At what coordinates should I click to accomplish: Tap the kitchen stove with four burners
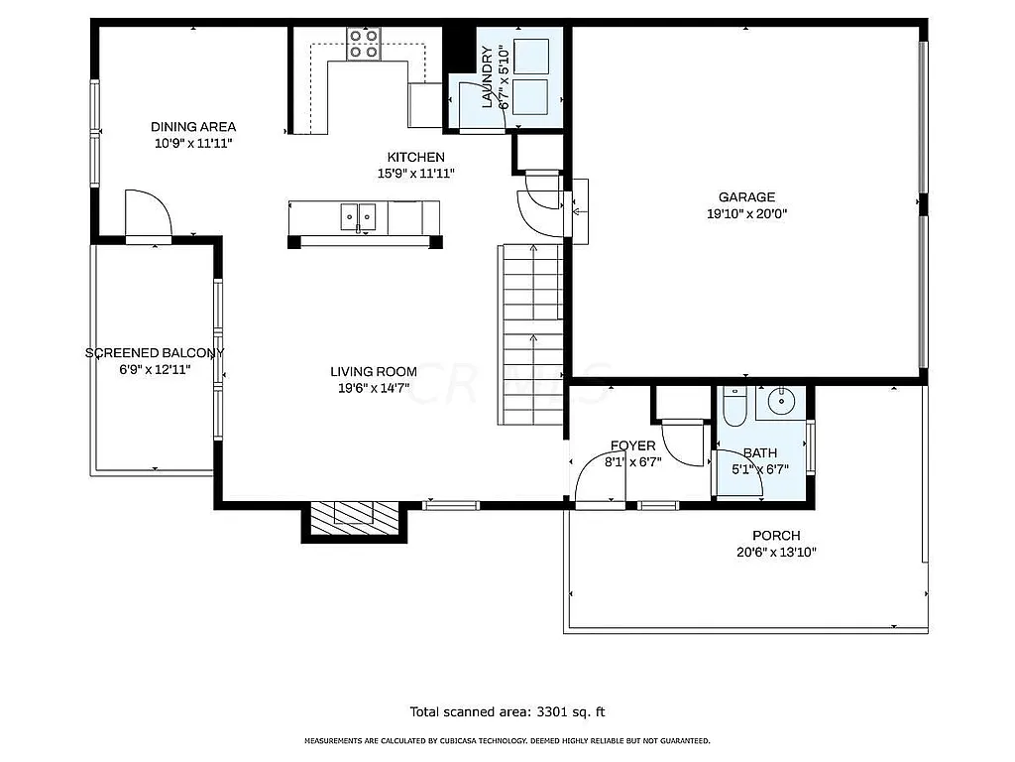pos(364,45)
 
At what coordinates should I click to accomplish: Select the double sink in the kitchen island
pos(358,215)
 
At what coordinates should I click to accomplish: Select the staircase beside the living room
pos(532,334)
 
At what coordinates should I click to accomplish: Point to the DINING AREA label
pos(193,126)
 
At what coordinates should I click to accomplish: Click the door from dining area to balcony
pos(149,214)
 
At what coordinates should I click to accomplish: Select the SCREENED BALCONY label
pos(155,352)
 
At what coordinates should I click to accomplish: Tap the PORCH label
pos(776,536)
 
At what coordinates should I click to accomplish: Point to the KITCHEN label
pos(415,157)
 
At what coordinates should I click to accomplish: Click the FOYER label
pos(632,445)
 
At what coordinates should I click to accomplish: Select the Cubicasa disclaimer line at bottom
pos(507,741)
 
